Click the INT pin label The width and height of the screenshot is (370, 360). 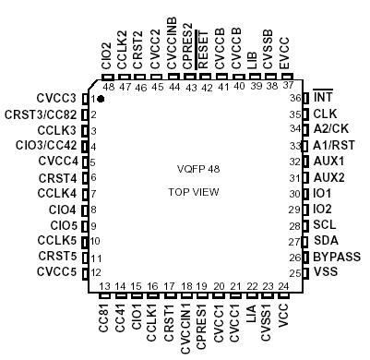tap(323, 97)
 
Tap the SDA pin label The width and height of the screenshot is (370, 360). tap(326, 241)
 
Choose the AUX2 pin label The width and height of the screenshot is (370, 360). tap(329, 177)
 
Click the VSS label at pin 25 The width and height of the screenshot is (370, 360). tap(326, 273)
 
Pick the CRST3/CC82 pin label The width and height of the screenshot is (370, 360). tap(41, 114)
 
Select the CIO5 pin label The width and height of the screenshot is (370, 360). tap(63, 225)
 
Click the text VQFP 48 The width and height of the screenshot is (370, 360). tap(198, 170)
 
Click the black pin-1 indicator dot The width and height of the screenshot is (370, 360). tap(100, 98)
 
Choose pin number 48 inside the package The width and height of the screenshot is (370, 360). tap(108, 87)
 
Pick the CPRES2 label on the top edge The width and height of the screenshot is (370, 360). tap(188, 57)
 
